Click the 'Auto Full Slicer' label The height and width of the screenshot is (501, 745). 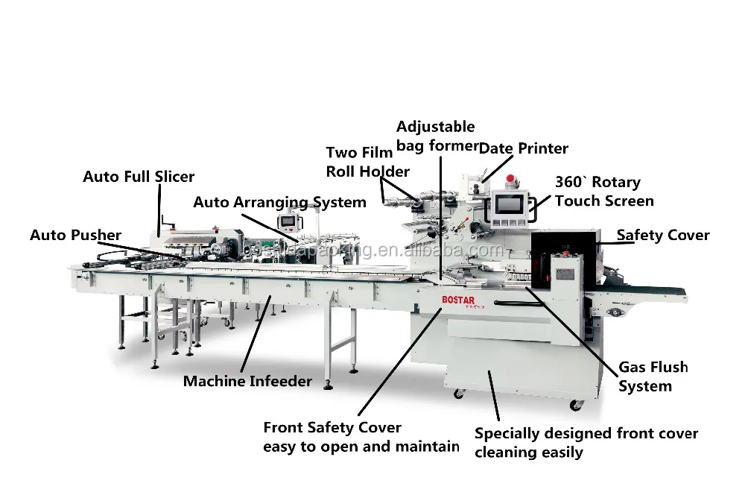(139, 177)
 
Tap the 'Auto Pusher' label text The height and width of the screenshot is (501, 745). (75, 235)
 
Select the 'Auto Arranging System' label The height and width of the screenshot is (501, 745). (279, 202)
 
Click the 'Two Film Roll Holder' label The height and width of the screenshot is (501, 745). (367, 162)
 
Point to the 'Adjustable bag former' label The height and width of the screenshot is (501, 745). (435, 136)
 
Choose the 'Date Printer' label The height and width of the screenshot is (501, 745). (523, 148)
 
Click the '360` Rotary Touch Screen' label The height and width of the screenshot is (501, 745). (604, 192)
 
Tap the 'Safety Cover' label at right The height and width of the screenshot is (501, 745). (663, 236)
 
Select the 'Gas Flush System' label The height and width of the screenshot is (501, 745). (653, 376)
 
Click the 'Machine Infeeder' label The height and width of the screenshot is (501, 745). (247, 381)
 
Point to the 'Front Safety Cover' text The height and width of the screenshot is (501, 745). (332, 428)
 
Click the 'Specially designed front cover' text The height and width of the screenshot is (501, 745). (586, 433)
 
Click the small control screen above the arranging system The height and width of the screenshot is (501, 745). (287, 221)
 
